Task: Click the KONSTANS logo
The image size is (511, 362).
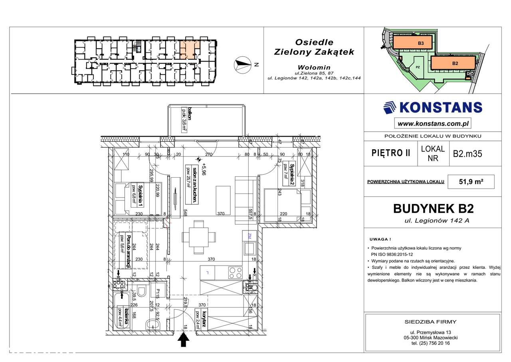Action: click(x=432, y=107)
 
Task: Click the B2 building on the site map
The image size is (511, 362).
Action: click(x=454, y=63)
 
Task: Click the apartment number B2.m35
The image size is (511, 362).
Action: click(x=467, y=153)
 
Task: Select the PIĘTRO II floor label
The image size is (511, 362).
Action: click(x=390, y=153)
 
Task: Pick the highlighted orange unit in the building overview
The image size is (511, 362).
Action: click(x=188, y=50)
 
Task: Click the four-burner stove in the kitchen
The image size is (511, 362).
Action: click(x=235, y=273)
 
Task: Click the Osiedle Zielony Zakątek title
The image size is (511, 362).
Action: click(x=314, y=47)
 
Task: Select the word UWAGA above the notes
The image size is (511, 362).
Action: click(x=379, y=239)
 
